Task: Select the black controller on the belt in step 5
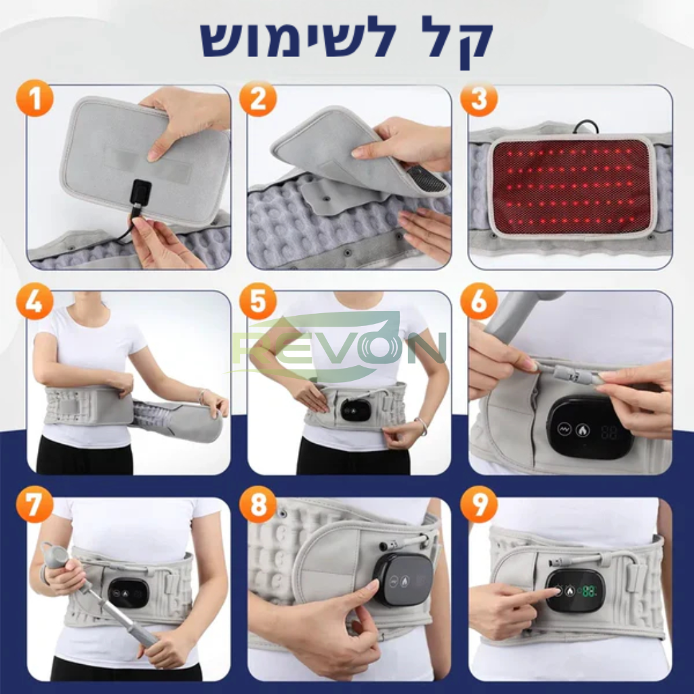coord(355,409)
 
